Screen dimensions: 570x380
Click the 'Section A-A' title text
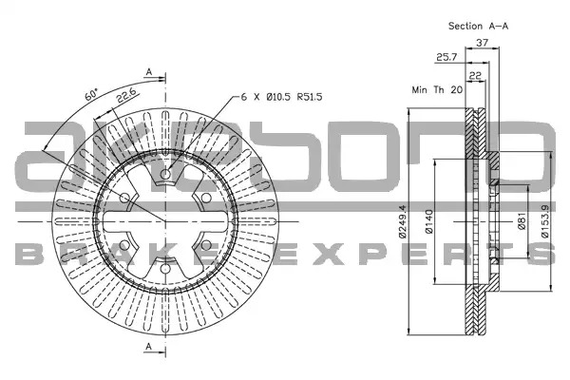click(478, 26)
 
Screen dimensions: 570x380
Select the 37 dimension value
click(483, 43)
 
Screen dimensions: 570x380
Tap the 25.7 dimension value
click(446, 57)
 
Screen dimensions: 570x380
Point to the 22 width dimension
click(476, 76)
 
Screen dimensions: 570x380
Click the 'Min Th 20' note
click(437, 89)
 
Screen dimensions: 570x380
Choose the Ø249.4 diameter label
click(403, 221)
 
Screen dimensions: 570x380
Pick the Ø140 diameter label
click(429, 221)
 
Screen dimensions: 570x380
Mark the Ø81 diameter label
click(522, 221)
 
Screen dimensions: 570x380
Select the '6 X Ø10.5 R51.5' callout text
click(282, 97)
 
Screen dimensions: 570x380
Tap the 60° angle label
click(91, 94)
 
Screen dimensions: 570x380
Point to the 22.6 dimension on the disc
click(126, 96)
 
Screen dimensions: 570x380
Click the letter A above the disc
click(149, 72)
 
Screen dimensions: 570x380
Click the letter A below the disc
click(149, 347)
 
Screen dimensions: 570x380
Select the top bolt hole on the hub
click(165, 174)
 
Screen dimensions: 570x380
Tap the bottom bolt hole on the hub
click(165, 269)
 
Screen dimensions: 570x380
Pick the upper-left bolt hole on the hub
click(124, 199)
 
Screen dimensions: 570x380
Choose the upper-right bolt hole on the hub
click(206, 199)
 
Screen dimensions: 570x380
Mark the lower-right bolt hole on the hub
click(206, 245)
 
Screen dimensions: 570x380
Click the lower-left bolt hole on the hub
click(124, 245)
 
